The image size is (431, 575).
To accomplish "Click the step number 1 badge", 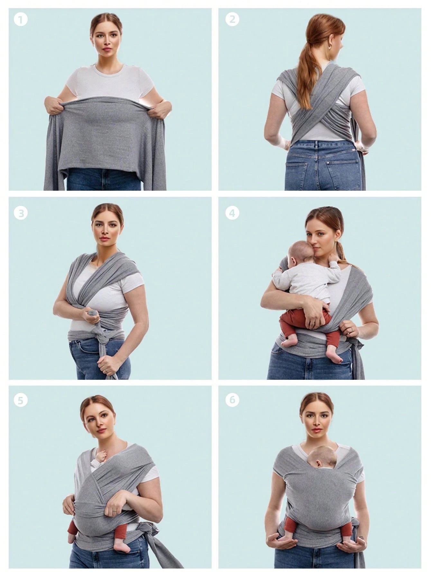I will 21,20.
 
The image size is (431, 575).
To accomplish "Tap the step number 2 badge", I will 232,20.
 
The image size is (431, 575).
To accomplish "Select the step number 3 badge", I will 21,213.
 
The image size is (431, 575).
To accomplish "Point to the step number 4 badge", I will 232,213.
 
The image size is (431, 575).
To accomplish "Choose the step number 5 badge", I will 21,400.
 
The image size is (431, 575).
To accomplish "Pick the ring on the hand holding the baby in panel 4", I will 312,322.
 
